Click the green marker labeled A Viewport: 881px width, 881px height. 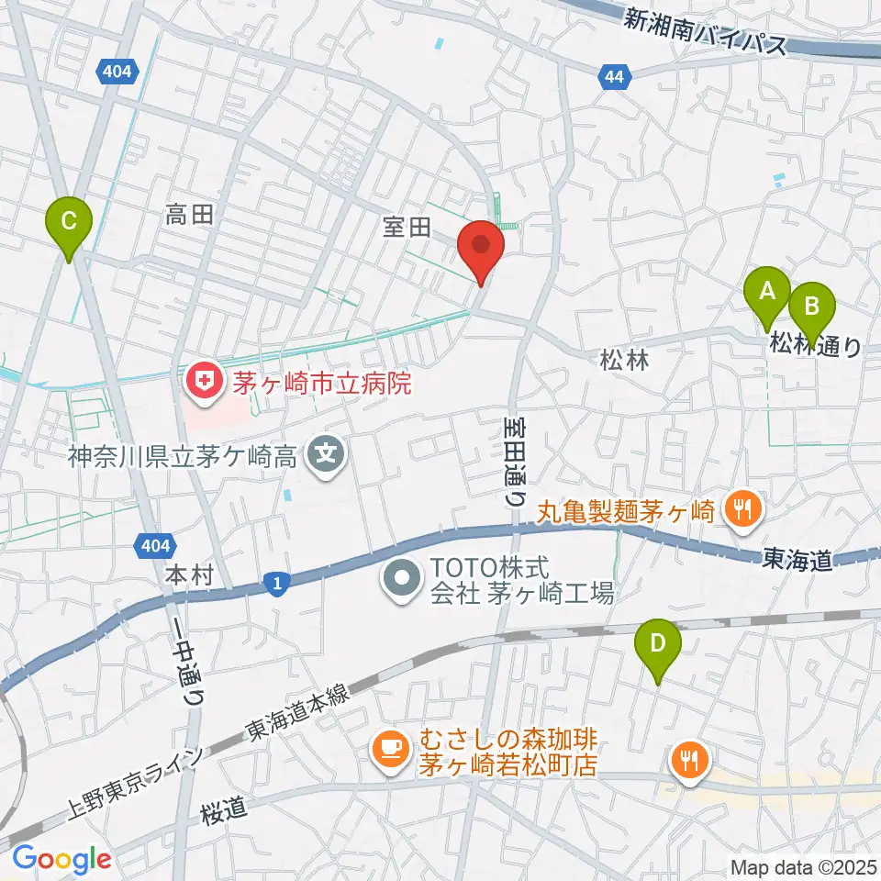tap(766, 295)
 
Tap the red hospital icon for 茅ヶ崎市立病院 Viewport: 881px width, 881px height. tap(203, 380)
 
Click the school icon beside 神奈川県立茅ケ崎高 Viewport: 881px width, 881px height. tap(326, 452)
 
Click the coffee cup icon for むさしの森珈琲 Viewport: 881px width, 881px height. tap(390, 749)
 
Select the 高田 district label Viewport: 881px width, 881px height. tap(190, 216)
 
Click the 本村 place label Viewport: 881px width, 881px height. tap(190, 575)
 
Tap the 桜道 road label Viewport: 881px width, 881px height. tap(225, 808)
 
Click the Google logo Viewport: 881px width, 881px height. tap(61, 859)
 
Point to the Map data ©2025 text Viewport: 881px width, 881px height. tap(803, 866)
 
